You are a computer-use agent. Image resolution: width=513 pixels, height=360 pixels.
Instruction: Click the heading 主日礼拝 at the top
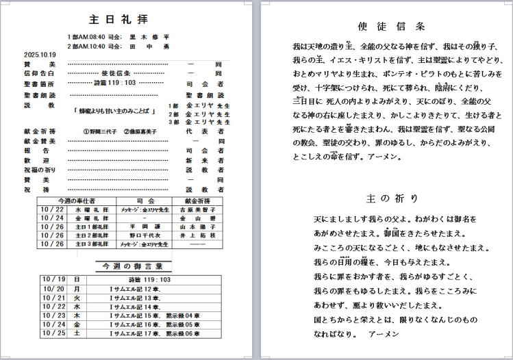click(118, 19)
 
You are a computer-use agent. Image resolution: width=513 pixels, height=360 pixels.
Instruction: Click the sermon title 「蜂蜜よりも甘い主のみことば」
click(117, 110)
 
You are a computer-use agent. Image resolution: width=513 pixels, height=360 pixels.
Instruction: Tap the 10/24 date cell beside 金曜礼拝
click(52, 218)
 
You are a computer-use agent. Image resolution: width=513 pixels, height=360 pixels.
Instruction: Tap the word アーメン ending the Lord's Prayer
click(383, 335)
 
